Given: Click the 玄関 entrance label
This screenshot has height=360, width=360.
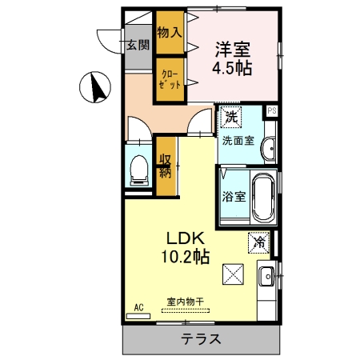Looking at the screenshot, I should [x=137, y=45].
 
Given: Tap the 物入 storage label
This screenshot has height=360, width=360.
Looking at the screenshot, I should [x=169, y=32].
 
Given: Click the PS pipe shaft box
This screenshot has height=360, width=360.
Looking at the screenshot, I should [x=272, y=111].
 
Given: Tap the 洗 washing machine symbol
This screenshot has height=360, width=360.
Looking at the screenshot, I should [x=231, y=118].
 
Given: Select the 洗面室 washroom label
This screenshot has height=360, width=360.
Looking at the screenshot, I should [x=238, y=141].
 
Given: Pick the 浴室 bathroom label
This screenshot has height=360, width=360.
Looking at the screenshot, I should [x=233, y=195].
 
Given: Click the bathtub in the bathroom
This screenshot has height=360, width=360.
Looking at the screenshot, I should [x=262, y=197].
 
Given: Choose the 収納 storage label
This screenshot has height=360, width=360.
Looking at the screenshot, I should [x=166, y=166].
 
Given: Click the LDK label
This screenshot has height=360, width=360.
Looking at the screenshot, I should [x=187, y=238].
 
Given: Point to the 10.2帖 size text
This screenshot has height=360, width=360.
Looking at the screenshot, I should [x=187, y=258].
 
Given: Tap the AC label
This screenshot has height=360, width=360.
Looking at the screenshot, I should [x=138, y=307].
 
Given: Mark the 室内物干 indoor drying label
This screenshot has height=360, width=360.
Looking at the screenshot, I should [x=185, y=302].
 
